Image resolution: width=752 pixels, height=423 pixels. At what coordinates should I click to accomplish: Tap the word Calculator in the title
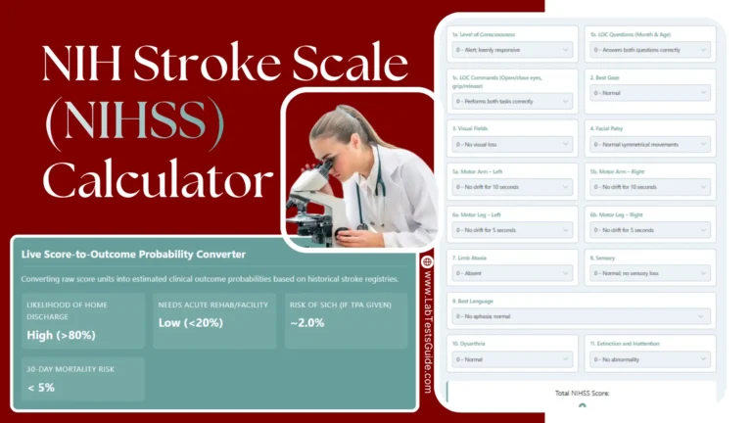coord(158,181)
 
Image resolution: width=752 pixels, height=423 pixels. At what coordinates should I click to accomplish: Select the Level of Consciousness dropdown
coord(512,49)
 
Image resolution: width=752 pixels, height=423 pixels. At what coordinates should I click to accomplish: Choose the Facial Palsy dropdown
coord(650,145)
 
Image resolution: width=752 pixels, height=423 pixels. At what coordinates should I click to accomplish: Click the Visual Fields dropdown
coord(512,145)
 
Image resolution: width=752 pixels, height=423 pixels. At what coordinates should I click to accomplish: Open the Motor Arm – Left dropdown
coord(512,186)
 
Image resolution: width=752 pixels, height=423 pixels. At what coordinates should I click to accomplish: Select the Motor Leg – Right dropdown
coord(650,230)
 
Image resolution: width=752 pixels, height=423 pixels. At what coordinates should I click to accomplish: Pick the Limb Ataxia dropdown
coord(512,274)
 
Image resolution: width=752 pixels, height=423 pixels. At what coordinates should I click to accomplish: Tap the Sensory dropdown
coord(650,274)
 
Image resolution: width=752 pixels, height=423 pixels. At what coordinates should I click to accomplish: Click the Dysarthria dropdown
coord(512,359)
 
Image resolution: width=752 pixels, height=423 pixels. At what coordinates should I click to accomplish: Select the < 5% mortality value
coord(42,386)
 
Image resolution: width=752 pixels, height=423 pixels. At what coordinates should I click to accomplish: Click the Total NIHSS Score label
coord(582,393)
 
